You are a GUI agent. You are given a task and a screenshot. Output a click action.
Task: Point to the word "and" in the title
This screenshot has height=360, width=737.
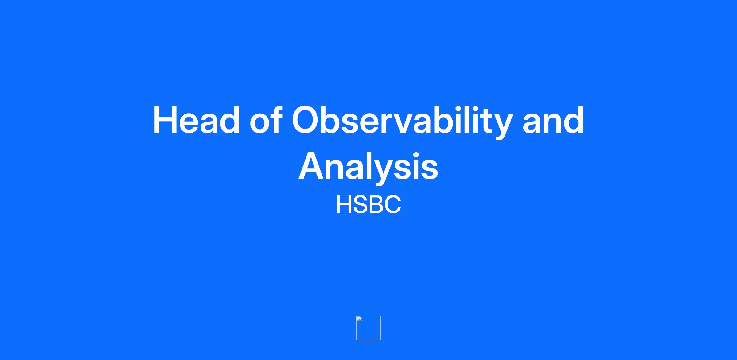tap(553, 120)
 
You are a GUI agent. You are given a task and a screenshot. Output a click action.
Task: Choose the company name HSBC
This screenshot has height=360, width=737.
tap(368, 204)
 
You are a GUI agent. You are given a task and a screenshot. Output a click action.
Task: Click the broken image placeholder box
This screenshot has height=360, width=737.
tap(368, 328)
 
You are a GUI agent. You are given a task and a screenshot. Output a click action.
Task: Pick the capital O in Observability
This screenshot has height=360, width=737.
tap(307, 120)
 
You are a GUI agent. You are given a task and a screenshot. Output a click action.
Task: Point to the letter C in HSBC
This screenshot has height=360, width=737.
tap(392, 204)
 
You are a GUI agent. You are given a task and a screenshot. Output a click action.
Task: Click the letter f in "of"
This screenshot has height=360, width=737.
tap(275, 119)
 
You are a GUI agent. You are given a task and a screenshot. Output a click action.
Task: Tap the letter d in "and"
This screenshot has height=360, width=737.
tap(573, 120)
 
